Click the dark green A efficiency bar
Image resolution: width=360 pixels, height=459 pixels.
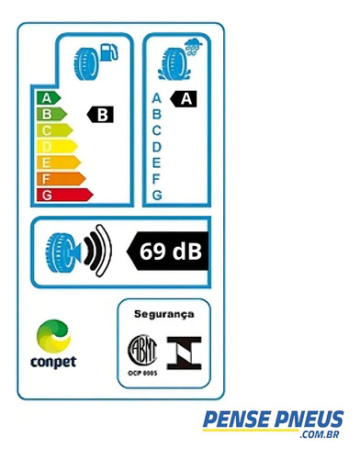[x=49, y=98]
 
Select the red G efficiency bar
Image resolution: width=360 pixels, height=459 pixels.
[x=64, y=195]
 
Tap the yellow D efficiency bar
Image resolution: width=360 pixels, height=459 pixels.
[x=57, y=147]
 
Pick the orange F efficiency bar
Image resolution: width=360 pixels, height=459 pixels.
[x=61, y=179]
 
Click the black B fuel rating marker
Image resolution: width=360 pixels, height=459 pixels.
[x=100, y=115]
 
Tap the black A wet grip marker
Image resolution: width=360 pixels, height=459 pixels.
[x=184, y=99]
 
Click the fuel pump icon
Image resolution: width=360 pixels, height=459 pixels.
[x=108, y=52]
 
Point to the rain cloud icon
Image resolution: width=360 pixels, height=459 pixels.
[x=194, y=48]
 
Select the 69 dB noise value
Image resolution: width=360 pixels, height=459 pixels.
[x=171, y=252]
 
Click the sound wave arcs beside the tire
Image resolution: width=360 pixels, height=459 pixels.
[x=98, y=251]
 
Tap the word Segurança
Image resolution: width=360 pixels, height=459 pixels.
[x=164, y=314]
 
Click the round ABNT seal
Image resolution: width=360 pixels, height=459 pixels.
[x=142, y=351]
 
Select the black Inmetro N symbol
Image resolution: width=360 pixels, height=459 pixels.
[x=184, y=353]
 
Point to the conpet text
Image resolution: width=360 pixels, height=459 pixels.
[x=53, y=363]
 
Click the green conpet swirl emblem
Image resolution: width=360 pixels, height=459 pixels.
[x=54, y=336]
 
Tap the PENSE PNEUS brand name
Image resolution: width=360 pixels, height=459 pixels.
[x=273, y=419]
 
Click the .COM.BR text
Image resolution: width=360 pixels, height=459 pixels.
[x=320, y=434]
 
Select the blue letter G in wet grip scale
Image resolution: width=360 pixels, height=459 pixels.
[x=157, y=195]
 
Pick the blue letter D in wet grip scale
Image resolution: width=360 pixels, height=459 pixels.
[x=156, y=147]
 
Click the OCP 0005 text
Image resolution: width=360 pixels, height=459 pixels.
[x=142, y=373]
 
